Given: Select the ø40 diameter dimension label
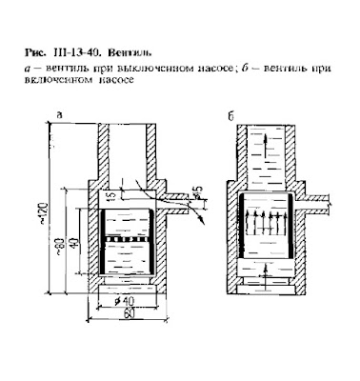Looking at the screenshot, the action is click(124, 300).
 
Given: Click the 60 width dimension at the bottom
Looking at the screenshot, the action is click(129, 313).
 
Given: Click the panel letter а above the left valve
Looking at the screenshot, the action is click(59, 115).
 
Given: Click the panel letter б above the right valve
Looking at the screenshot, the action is click(230, 117).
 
